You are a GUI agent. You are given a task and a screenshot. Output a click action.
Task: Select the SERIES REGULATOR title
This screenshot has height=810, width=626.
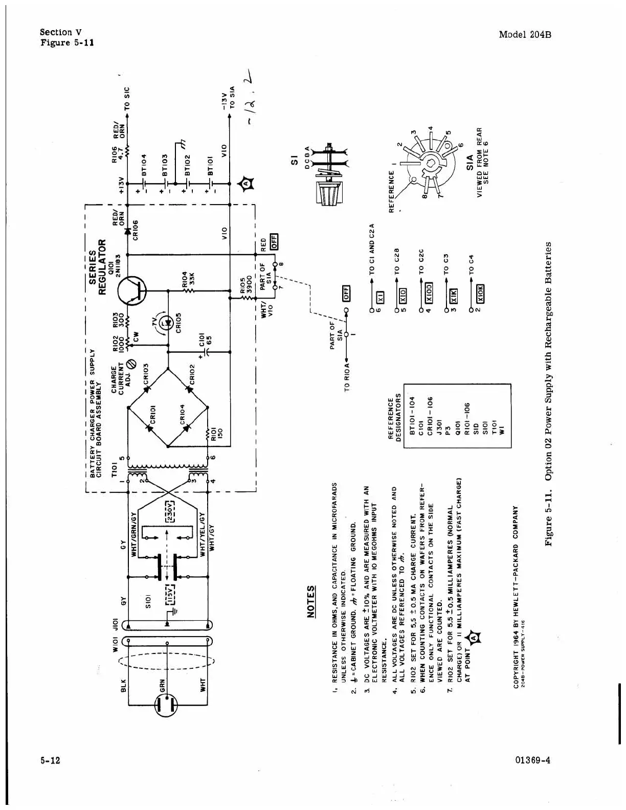97,266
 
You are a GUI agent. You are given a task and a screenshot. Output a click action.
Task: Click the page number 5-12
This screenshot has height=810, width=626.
51,760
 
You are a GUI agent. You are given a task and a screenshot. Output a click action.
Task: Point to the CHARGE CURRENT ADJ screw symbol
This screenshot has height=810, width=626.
131,364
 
